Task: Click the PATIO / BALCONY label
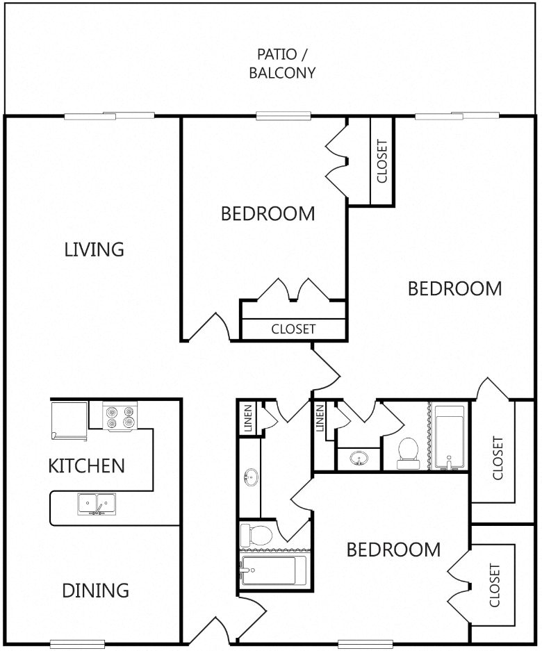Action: pyautogui.click(x=282, y=63)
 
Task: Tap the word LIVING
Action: pyautogui.click(x=95, y=249)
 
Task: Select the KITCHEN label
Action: pyautogui.click(x=86, y=465)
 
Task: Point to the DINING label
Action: pyautogui.click(x=95, y=591)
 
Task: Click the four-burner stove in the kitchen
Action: pyautogui.click(x=120, y=417)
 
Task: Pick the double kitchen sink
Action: pyautogui.click(x=97, y=504)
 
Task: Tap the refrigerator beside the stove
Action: pyautogui.click(x=69, y=420)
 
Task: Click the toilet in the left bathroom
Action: pyautogui.click(x=256, y=535)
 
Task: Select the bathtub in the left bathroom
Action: pyautogui.click(x=273, y=570)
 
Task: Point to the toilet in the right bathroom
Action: pyautogui.click(x=408, y=454)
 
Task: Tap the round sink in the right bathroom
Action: pyautogui.click(x=359, y=459)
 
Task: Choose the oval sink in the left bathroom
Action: pyautogui.click(x=251, y=477)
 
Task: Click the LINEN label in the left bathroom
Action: pyautogui.click(x=248, y=418)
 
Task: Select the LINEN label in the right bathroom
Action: pyautogui.click(x=320, y=418)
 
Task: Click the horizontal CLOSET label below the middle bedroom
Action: pyautogui.click(x=293, y=329)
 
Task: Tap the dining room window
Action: pyautogui.click(x=78, y=644)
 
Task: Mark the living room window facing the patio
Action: pyautogui.click(x=109, y=116)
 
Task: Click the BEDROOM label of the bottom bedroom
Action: pyautogui.click(x=393, y=550)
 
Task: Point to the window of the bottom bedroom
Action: pyautogui.click(x=366, y=644)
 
